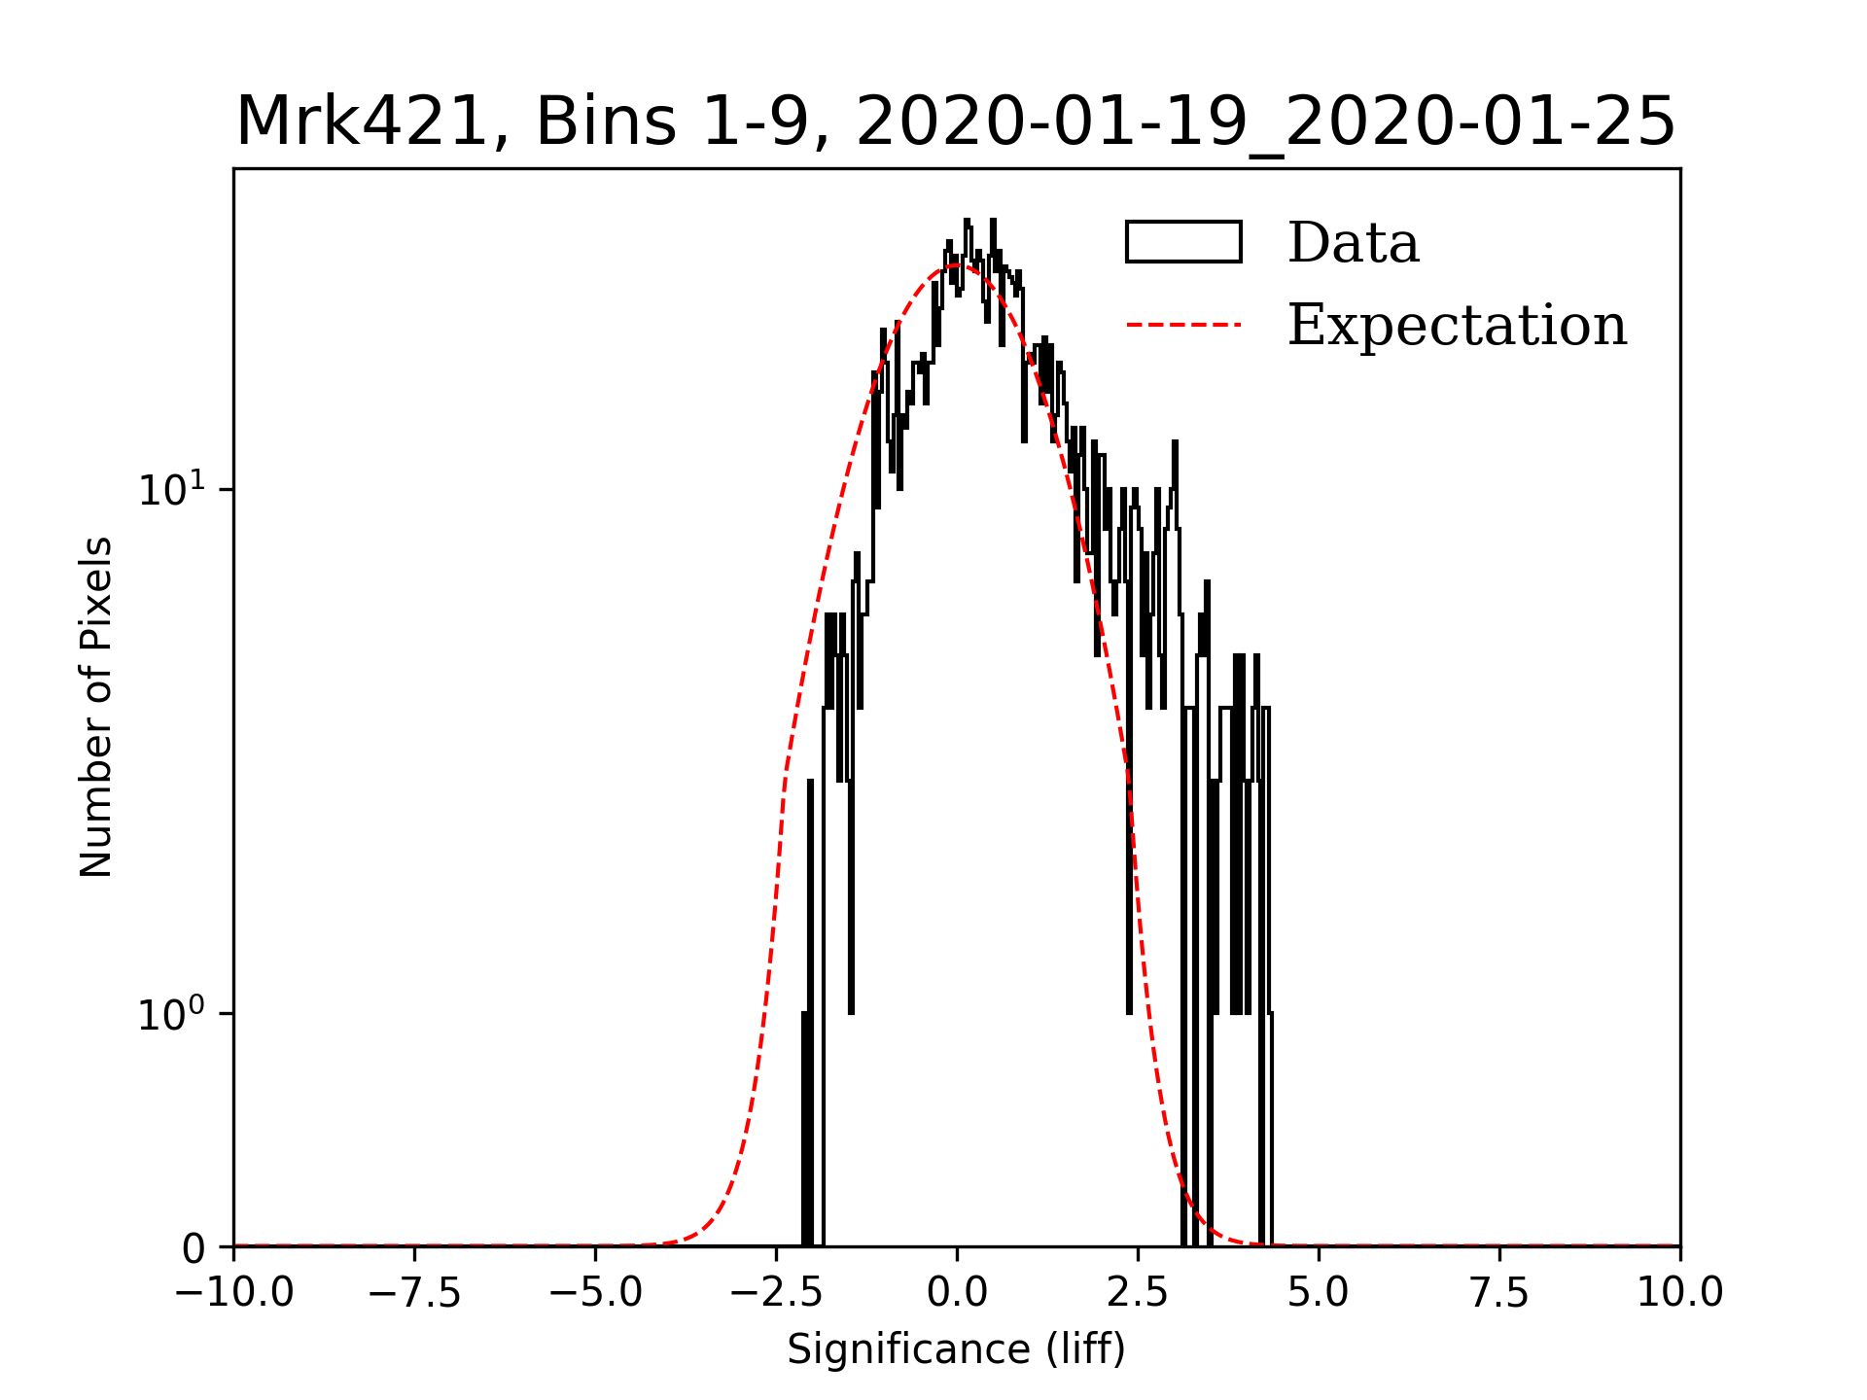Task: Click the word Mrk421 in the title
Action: [x=362, y=122]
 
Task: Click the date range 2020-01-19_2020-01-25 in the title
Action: [x=1265, y=122]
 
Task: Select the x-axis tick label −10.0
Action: [x=234, y=1292]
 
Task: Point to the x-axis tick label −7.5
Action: [x=415, y=1292]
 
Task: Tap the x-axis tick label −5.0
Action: [x=595, y=1292]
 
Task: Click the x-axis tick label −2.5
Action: [x=776, y=1292]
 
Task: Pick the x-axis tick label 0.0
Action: [x=957, y=1292]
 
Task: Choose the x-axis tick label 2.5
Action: [x=1138, y=1292]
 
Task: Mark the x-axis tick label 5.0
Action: [x=1319, y=1292]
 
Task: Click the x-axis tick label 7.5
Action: [x=1499, y=1292]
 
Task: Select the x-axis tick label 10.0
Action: [x=1680, y=1292]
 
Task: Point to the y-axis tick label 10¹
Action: [x=172, y=489]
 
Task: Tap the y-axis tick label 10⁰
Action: [x=172, y=1014]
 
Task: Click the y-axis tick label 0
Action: [x=194, y=1248]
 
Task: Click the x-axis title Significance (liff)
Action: [x=956, y=1349]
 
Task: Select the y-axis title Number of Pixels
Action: [x=95, y=707]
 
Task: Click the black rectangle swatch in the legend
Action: [x=1183, y=242]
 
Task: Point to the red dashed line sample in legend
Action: [x=1183, y=325]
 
